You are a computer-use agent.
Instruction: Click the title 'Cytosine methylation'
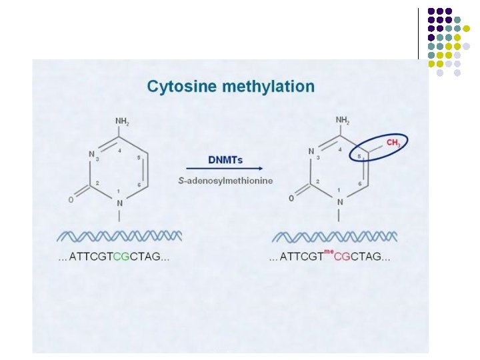(231, 87)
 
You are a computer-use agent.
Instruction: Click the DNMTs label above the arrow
(225, 160)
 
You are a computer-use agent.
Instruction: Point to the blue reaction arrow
(225, 170)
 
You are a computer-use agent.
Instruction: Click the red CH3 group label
(393, 143)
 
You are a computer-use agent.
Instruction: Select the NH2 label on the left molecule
(123, 121)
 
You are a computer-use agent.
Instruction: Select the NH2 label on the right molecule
(343, 121)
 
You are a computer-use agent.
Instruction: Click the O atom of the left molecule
(71, 199)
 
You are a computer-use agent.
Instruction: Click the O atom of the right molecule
(291, 198)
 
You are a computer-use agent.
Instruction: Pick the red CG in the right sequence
(341, 257)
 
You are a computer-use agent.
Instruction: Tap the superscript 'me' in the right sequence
(328, 251)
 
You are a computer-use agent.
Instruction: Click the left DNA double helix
(119, 236)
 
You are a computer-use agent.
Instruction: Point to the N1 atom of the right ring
(340, 202)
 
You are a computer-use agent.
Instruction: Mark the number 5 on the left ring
(138, 157)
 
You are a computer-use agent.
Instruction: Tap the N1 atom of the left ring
(120, 202)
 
